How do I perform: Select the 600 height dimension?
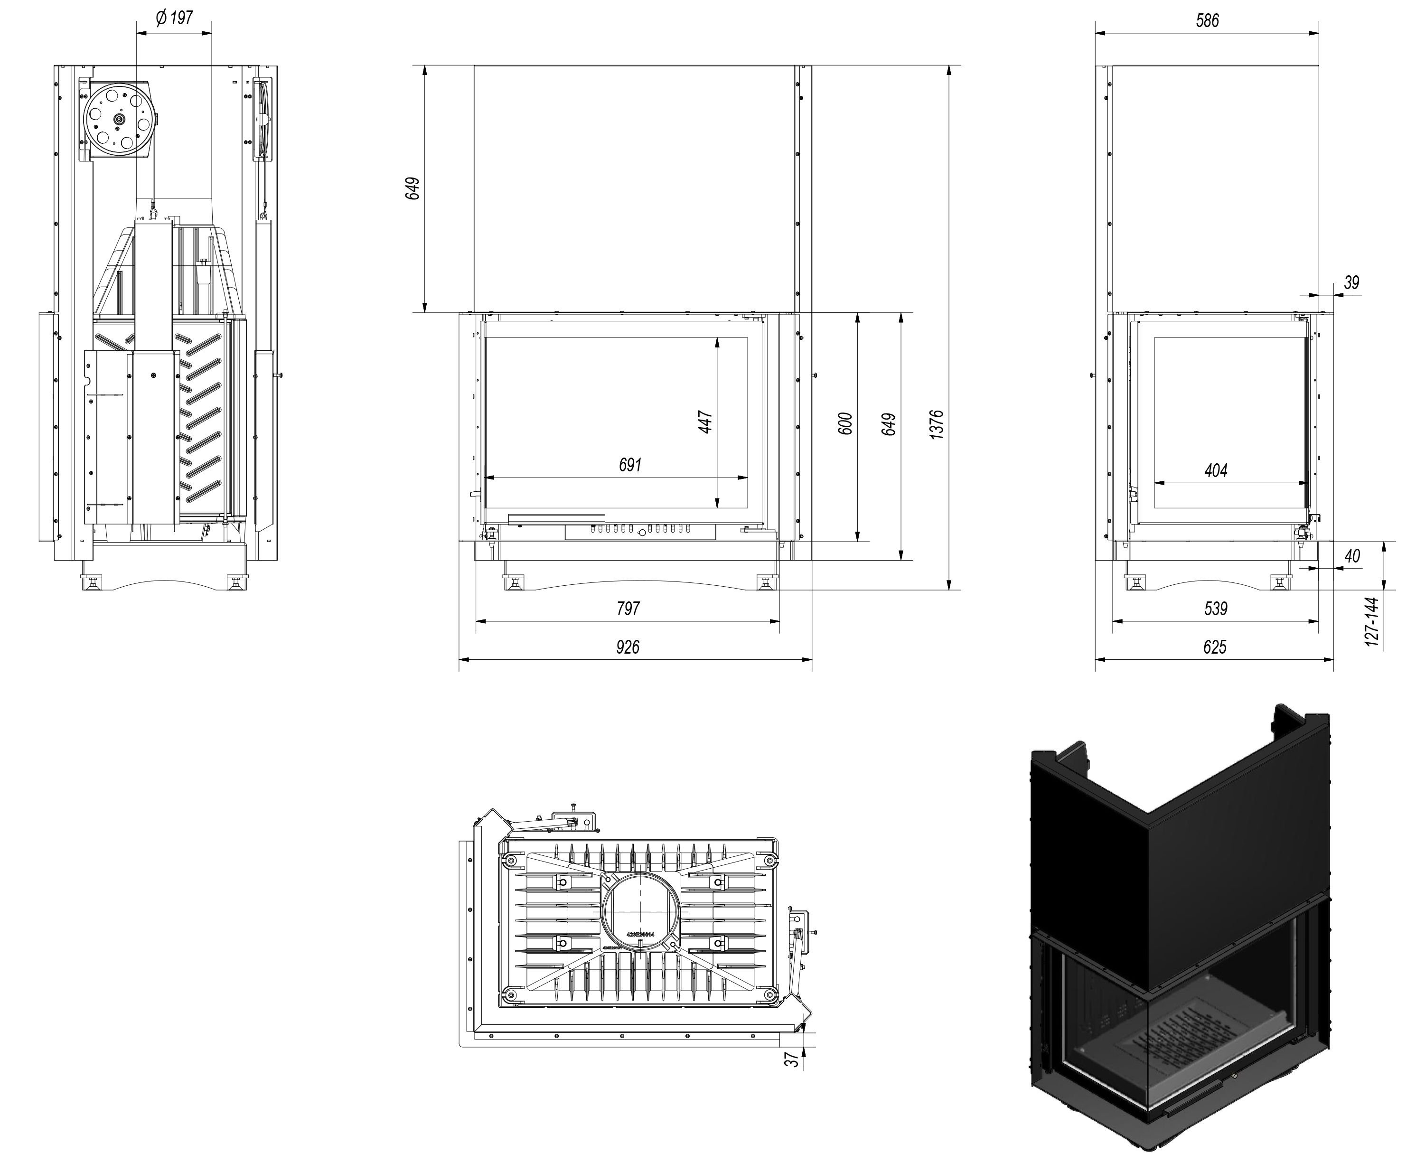tap(845, 424)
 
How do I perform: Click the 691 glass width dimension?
tap(629, 465)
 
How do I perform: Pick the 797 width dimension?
tap(628, 609)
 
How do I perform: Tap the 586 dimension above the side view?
tap(1207, 20)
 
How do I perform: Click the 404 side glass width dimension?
tap(1215, 471)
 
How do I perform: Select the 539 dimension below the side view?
tap(1215, 609)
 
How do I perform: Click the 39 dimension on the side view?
tap(1351, 282)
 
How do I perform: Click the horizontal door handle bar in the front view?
tap(556, 517)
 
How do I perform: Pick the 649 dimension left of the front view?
tap(413, 188)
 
